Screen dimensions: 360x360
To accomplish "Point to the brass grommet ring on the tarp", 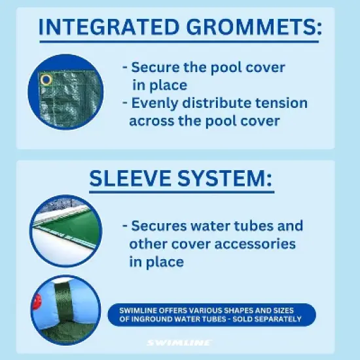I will (46, 80).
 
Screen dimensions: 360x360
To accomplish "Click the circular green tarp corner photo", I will (66, 92).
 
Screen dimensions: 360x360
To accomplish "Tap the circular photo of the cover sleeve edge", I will (65, 230).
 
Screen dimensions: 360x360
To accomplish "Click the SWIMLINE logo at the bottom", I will (179, 342).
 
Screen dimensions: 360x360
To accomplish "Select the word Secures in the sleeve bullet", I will (160, 226).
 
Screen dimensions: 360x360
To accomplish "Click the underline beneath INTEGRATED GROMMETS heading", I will (179, 42).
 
